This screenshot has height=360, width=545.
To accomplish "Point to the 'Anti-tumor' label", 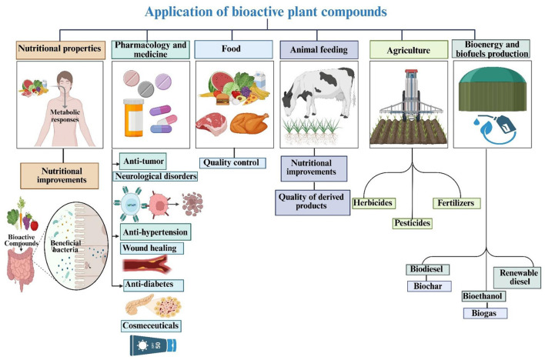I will [x=142, y=161].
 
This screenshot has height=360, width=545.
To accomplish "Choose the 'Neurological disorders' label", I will [x=157, y=175].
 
